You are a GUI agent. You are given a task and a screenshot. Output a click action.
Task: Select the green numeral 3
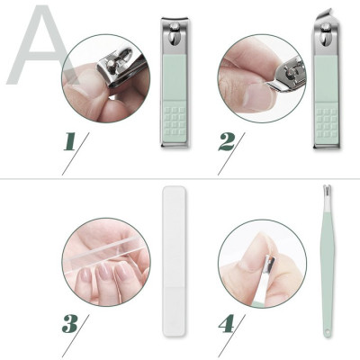tap(71, 322)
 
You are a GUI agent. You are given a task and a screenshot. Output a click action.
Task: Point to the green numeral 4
tap(227, 320)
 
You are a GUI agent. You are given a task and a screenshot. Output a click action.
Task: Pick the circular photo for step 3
tap(106, 262)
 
